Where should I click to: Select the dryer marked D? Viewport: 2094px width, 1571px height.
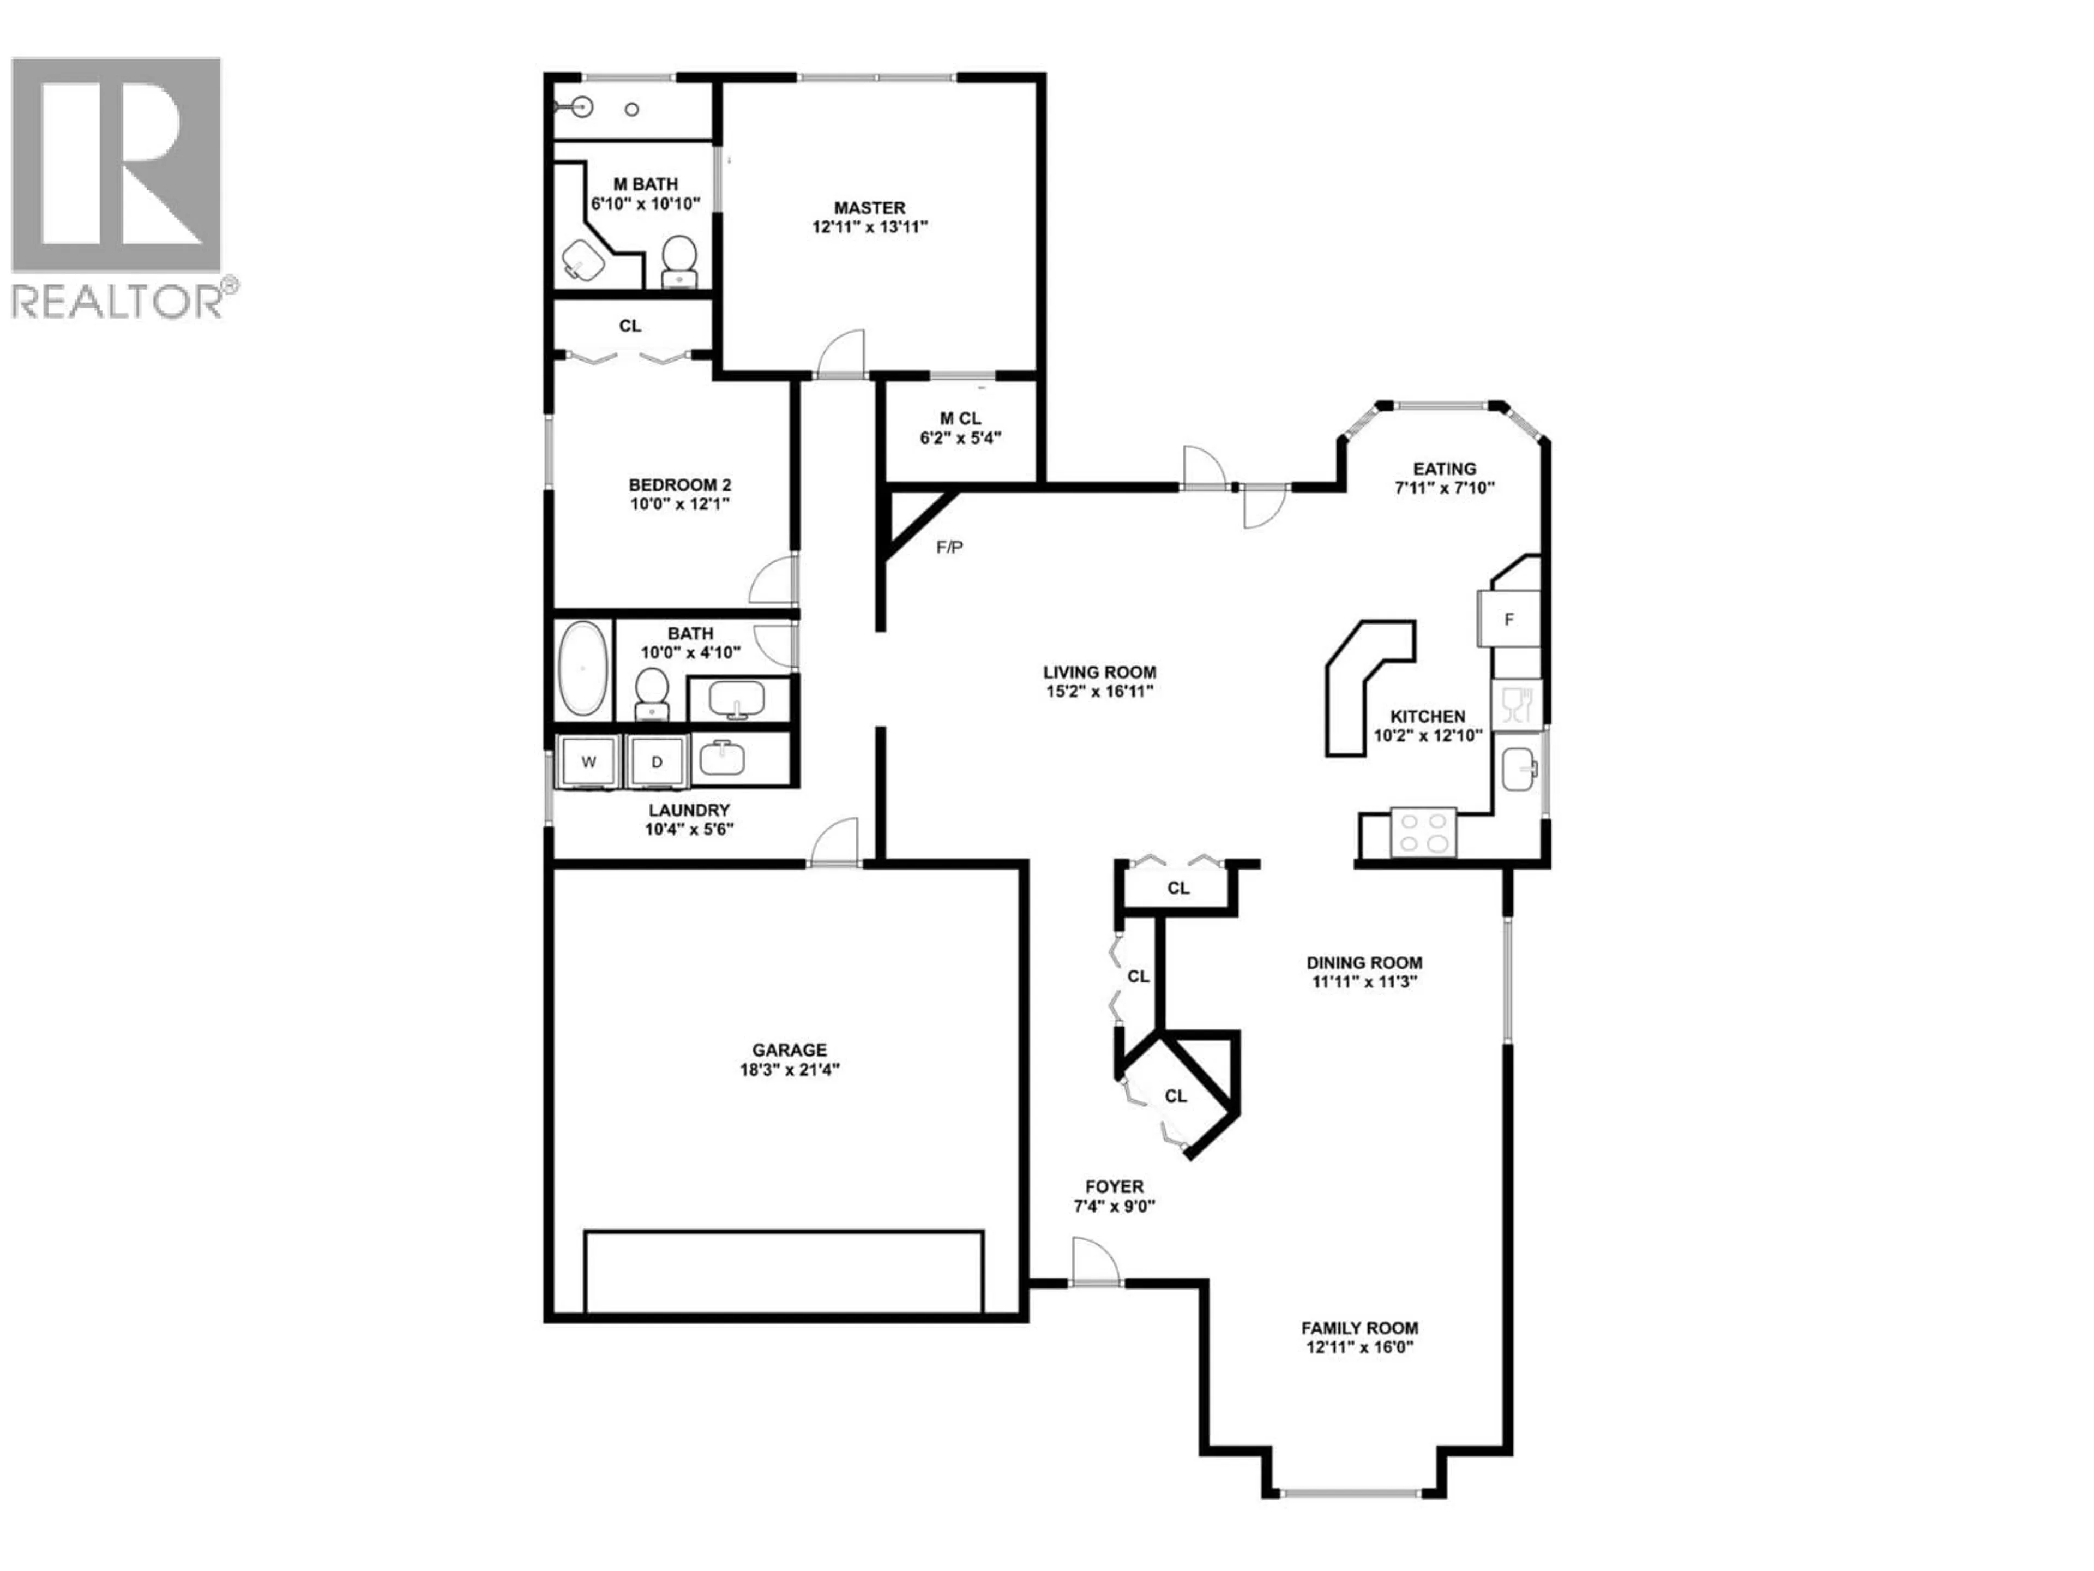tap(657, 761)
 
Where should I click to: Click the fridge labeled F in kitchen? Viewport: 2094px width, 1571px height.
tap(1509, 619)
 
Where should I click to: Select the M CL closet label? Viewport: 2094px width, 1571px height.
tap(960, 418)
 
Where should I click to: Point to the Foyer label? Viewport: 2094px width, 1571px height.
tap(1114, 1186)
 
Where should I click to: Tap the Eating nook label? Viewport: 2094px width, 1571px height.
tap(1443, 469)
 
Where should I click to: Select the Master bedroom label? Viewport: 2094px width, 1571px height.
tap(869, 207)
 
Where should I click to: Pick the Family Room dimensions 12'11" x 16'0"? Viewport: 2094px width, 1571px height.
tap(1358, 1347)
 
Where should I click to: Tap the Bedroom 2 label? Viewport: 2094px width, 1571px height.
tap(681, 485)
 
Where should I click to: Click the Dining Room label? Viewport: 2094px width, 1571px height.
tap(1364, 962)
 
